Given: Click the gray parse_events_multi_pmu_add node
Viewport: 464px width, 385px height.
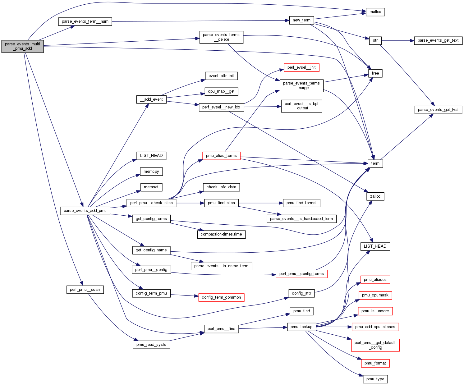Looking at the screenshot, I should pyautogui.click(x=22, y=46).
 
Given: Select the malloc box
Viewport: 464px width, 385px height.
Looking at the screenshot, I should pyautogui.click(x=375, y=12).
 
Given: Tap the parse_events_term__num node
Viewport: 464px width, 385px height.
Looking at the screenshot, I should pyautogui.click(x=85, y=21).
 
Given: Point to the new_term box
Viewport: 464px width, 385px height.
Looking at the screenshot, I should pyautogui.click(x=301, y=20).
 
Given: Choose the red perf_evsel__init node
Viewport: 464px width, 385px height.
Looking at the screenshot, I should pyautogui.click(x=301, y=67).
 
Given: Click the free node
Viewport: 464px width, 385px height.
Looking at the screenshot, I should pyautogui.click(x=375, y=73).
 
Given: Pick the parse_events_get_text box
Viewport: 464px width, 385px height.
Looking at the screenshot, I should pyautogui.click(x=438, y=40).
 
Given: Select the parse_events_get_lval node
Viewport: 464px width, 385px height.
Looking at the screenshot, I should pyautogui.click(x=438, y=110).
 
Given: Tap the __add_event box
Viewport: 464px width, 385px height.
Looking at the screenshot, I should pyautogui.click(x=151, y=99).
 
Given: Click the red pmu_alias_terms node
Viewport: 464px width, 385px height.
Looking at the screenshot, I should pyautogui.click(x=221, y=156).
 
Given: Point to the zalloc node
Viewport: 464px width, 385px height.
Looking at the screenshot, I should pyautogui.click(x=375, y=196).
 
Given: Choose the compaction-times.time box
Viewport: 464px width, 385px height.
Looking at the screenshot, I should pyautogui.click(x=221, y=234).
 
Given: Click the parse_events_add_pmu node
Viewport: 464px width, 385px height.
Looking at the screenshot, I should pyautogui.click(x=85, y=211).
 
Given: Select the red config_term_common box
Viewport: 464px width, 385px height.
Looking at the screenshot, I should pyautogui.click(x=221, y=297).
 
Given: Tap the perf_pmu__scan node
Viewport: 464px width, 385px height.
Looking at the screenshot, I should pyautogui.click(x=85, y=290).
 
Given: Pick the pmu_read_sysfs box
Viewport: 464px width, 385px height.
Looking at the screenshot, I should pyautogui.click(x=151, y=345).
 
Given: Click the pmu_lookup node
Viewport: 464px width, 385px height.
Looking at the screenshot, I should pyautogui.click(x=301, y=327).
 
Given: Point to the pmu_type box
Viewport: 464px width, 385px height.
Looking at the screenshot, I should pyautogui.click(x=375, y=379).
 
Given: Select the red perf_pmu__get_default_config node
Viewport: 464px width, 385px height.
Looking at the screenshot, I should pyautogui.click(x=375, y=345).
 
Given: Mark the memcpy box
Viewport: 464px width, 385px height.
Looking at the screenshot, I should pyautogui.click(x=151, y=172).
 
